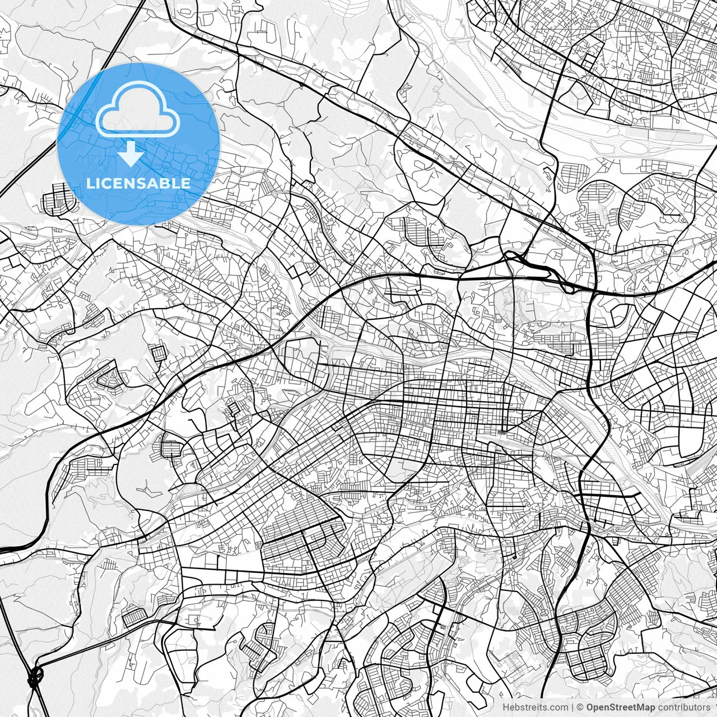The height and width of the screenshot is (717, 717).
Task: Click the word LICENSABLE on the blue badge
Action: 138,183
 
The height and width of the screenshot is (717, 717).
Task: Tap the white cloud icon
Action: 138,109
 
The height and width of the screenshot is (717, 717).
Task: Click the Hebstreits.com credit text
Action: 535,707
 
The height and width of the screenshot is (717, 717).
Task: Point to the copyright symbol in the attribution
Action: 580,707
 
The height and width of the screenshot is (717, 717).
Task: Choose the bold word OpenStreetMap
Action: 621,707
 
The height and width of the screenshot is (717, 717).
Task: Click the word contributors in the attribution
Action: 684,707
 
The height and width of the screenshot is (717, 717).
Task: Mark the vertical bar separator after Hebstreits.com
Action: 572,707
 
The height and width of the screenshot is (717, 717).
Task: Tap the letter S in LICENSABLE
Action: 145,183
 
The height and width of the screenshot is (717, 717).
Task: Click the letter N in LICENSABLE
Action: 132,183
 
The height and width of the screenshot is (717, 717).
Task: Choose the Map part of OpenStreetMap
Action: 645,707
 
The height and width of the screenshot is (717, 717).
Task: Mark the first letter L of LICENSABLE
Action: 90,183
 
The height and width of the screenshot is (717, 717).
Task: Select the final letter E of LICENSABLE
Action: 186,183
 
